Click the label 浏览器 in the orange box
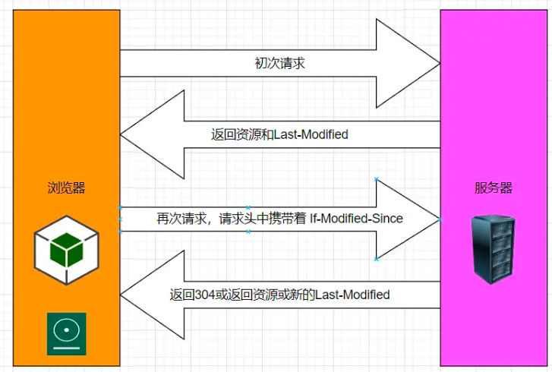(x=66, y=188)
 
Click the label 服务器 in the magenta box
(x=494, y=188)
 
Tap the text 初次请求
(x=280, y=63)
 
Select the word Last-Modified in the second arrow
(x=311, y=134)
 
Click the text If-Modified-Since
(x=356, y=219)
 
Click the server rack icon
(x=494, y=251)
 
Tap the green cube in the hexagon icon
(x=67, y=250)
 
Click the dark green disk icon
(x=67, y=333)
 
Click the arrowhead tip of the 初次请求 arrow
(x=440, y=64)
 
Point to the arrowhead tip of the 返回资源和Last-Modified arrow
(x=121, y=134)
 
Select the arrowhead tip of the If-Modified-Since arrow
(x=440, y=219)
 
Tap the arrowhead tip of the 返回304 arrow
(x=121, y=295)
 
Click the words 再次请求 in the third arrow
(x=181, y=219)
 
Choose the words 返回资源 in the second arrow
(x=236, y=134)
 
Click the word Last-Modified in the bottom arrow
(x=352, y=295)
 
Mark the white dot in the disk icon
(x=67, y=330)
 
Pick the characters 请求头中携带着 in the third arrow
(x=263, y=219)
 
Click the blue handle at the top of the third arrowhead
(x=377, y=179)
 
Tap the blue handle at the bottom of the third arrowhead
(x=377, y=260)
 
